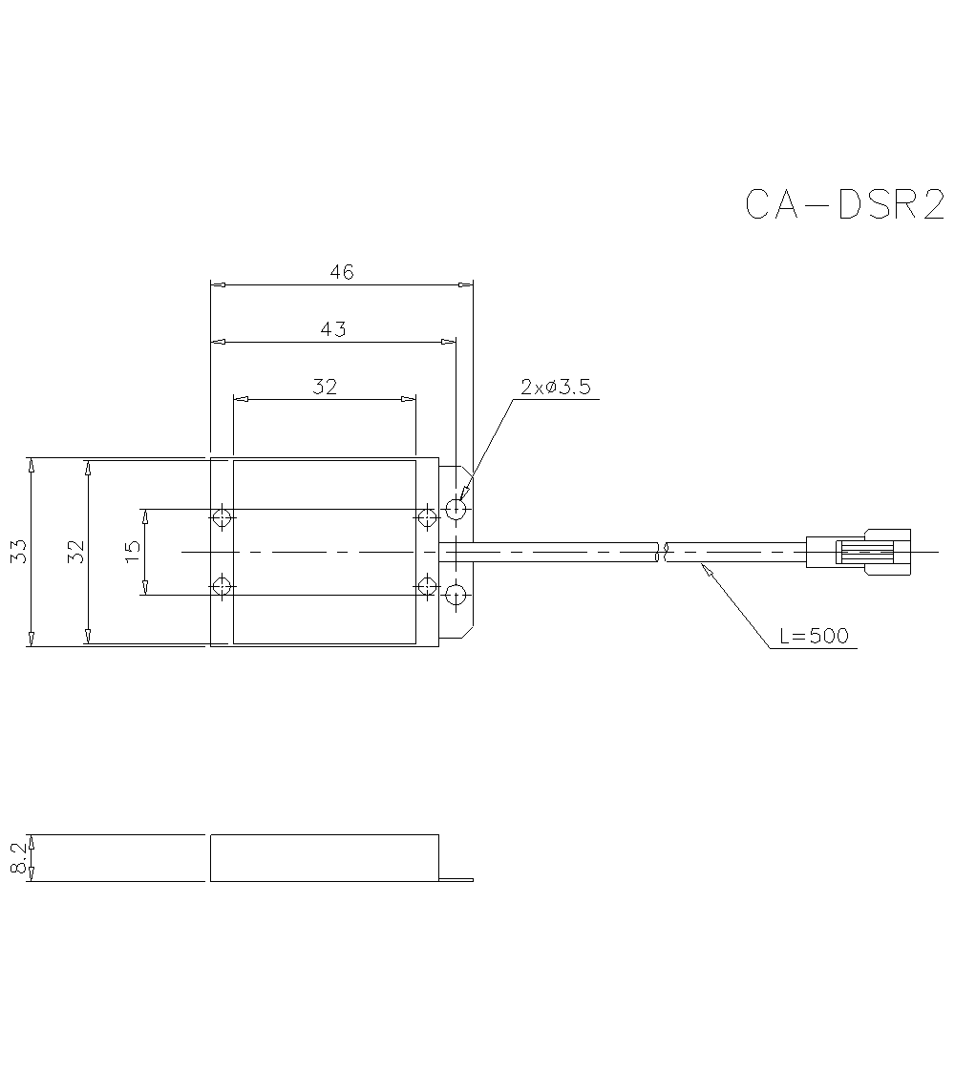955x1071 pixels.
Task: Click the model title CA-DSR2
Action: (x=844, y=204)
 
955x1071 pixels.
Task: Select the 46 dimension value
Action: (x=342, y=272)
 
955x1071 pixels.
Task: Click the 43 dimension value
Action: (x=333, y=329)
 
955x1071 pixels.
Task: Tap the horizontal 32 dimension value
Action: (x=325, y=387)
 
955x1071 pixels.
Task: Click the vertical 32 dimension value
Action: (x=76, y=552)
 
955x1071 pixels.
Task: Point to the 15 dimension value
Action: (x=133, y=551)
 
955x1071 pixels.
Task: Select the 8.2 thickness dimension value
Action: (x=18, y=858)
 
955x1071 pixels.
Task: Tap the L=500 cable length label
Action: (x=814, y=636)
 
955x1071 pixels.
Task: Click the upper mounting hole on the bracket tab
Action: (x=456, y=510)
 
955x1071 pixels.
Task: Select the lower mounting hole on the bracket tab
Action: (x=456, y=595)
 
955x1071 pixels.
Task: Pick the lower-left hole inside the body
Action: (x=222, y=585)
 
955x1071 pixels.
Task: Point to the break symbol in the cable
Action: (x=662, y=552)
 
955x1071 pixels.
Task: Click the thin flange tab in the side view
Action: (x=456, y=879)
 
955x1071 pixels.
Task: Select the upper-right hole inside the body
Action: (x=426, y=517)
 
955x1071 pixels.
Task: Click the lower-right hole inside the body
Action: (x=426, y=585)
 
